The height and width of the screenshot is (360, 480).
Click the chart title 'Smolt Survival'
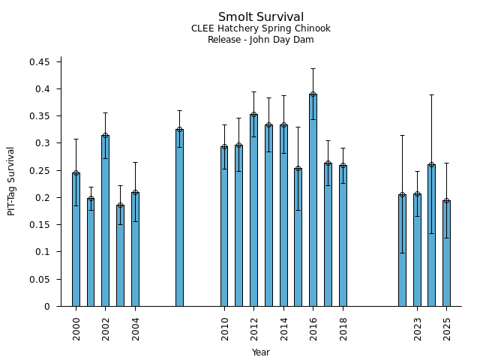click(260, 17)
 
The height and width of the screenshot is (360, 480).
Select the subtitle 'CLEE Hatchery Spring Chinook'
click(260, 28)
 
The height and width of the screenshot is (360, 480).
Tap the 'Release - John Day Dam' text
click(260, 40)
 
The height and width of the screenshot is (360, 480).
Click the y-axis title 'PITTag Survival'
click(11, 181)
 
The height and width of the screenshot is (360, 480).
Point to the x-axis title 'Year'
click(260, 352)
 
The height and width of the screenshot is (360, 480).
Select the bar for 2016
click(313, 200)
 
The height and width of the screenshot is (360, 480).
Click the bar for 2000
click(76, 239)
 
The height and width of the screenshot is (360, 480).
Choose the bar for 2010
click(223, 226)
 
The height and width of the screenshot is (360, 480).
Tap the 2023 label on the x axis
click(417, 328)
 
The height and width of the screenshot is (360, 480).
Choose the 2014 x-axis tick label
click(283, 328)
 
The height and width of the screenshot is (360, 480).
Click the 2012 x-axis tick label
click(253, 328)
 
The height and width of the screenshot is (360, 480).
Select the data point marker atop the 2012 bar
click(253, 115)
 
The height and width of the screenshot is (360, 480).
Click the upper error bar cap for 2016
click(313, 68)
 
